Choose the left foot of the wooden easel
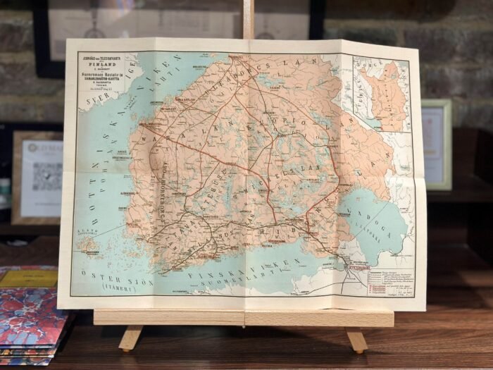[x=130, y=338]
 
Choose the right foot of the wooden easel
[x=356, y=340]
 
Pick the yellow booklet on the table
[x=29, y=278]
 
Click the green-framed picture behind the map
[x=437, y=144]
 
